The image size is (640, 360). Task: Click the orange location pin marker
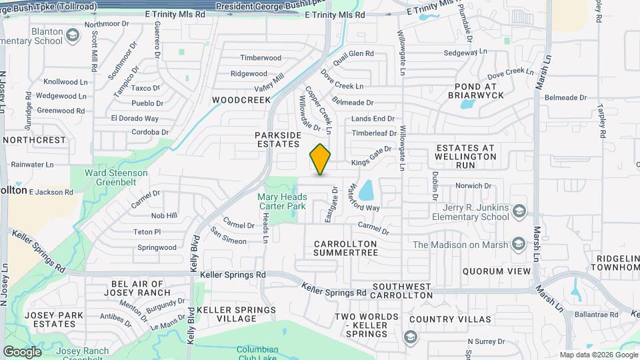[x=321, y=159]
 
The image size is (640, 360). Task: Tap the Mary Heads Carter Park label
[x=283, y=201]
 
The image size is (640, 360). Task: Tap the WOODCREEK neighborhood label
[x=241, y=100]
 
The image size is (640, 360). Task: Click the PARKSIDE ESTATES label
[x=279, y=139]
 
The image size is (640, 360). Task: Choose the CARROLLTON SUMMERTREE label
[x=346, y=248]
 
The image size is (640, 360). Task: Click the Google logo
[x=22, y=351]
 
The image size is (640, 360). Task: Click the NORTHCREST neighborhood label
[x=35, y=140]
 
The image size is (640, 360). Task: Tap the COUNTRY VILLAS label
[x=442, y=319]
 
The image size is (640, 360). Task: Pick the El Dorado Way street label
[x=135, y=119]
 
